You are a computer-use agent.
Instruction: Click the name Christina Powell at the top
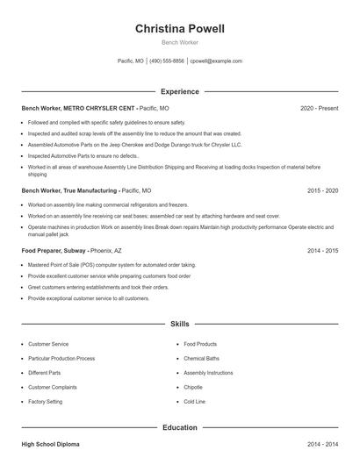[x=179, y=29]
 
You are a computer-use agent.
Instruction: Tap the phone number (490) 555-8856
[x=167, y=61]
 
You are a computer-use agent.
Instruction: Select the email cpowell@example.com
[x=216, y=61]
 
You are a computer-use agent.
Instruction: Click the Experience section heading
[x=179, y=91]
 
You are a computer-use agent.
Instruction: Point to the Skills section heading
[x=179, y=324]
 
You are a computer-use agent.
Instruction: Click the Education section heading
[x=179, y=427]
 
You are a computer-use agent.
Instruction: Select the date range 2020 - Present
[x=319, y=108]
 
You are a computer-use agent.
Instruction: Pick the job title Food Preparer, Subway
[x=54, y=250]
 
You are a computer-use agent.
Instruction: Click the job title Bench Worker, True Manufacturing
[x=69, y=190]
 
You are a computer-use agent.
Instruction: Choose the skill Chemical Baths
[x=201, y=358]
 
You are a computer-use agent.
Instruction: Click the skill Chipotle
[x=194, y=387]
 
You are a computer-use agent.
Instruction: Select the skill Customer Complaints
[x=53, y=387]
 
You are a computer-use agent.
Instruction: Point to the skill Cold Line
[x=195, y=401]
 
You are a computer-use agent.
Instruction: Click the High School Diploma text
[x=51, y=445]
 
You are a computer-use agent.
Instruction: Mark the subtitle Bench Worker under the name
[x=179, y=42]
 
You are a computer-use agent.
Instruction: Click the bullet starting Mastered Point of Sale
[x=112, y=264]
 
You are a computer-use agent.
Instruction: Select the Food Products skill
[x=200, y=344]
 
